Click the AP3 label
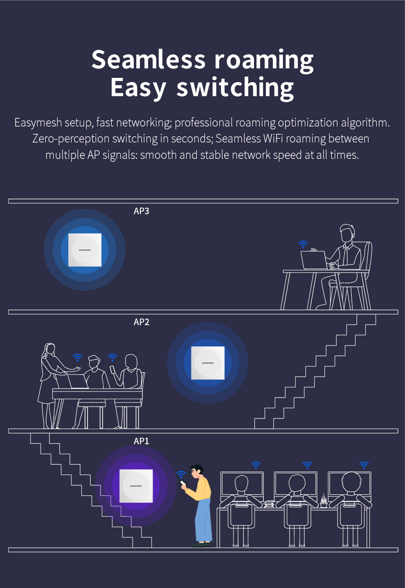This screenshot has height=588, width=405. [142, 211]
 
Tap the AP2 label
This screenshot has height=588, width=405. [142, 322]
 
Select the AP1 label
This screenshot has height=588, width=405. [142, 441]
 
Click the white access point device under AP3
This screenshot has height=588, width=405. [85, 250]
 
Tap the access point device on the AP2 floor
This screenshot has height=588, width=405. [208, 363]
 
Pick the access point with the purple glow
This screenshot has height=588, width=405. [136, 486]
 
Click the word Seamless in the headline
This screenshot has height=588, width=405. [148, 60]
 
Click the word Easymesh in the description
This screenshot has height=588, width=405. [38, 123]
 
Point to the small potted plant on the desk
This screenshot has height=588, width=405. [324, 501]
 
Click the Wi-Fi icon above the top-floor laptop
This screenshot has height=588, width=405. [303, 244]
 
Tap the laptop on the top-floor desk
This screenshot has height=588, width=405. [314, 260]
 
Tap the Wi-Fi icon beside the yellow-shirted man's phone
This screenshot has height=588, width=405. [181, 474]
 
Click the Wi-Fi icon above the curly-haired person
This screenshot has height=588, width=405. [364, 465]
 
